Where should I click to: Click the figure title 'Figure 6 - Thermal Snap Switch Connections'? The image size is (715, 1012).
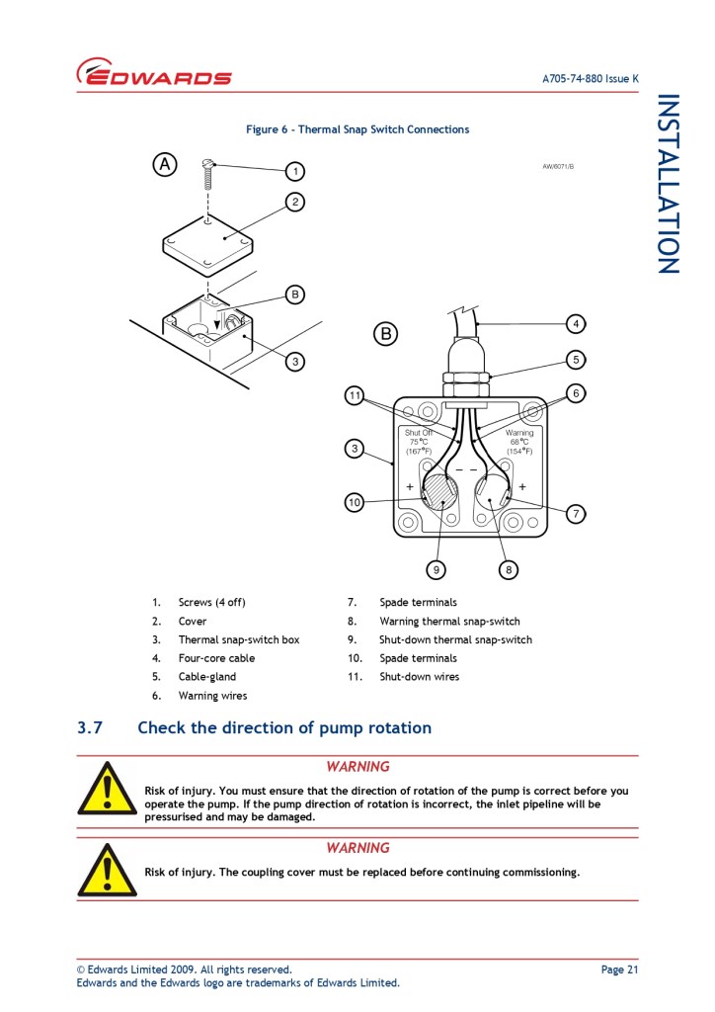(357, 129)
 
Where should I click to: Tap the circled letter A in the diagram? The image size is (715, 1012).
(165, 164)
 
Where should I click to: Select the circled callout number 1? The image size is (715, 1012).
(293, 172)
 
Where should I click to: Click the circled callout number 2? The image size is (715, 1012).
(293, 203)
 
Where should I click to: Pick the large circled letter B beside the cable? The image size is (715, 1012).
(385, 334)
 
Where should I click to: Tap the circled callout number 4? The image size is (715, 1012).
(576, 323)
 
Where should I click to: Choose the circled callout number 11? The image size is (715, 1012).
(355, 396)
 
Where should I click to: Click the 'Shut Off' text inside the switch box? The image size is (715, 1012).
(419, 433)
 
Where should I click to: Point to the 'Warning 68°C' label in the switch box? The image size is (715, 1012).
(519, 438)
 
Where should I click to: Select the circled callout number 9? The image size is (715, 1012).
(437, 569)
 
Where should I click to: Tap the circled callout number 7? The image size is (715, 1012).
(576, 513)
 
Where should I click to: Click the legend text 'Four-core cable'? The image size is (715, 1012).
(216, 658)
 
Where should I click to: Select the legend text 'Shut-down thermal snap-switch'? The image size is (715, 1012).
(455, 639)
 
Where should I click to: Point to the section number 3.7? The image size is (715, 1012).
(90, 728)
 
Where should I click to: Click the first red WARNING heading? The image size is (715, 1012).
(357, 767)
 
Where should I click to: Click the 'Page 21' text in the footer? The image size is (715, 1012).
(619, 970)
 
